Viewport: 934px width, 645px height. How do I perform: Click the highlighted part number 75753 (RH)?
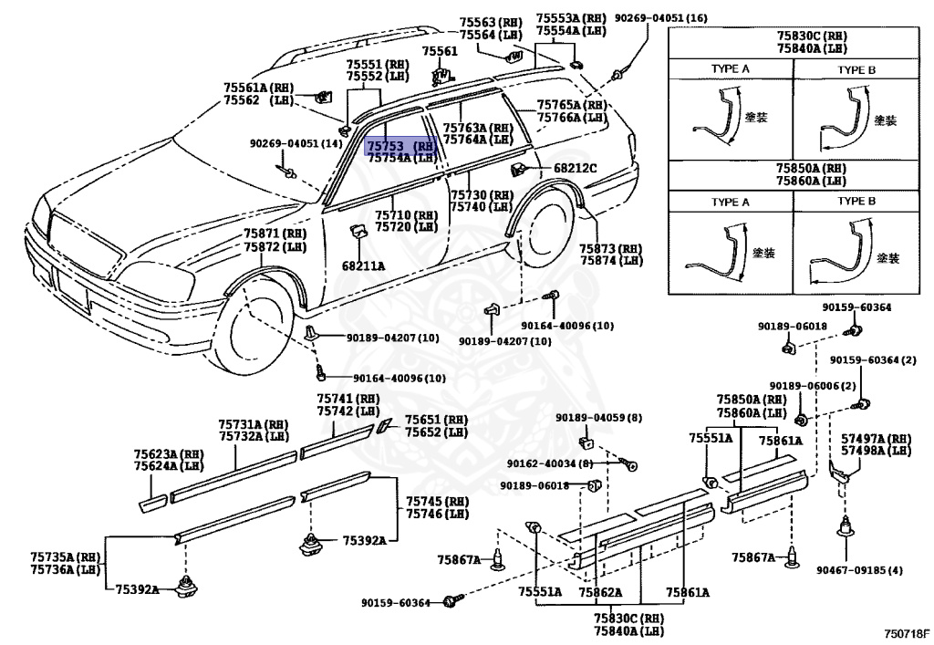click(x=401, y=146)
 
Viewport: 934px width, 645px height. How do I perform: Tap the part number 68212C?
click(x=575, y=168)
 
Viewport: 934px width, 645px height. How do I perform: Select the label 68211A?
click(x=363, y=265)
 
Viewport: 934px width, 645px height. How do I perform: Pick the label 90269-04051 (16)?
click(x=660, y=18)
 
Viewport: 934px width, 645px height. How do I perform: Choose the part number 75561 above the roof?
click(x=441, y=51)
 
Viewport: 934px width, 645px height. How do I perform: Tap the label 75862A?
click(x=600, y=592)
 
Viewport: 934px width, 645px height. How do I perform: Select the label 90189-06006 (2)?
click(x=812, y=386)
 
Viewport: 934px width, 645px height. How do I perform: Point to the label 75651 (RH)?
click(x=437, y=420)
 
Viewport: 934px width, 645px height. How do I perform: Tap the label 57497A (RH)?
click(x=876, y=438)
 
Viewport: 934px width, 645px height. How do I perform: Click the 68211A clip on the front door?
click(x=358, y=231)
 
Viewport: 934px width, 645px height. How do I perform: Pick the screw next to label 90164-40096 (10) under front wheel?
click(x=321, y=373)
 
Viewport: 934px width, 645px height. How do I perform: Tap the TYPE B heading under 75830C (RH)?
click(x=856, y=69)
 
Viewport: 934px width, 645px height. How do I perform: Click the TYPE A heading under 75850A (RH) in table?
click(x=730, y=202)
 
